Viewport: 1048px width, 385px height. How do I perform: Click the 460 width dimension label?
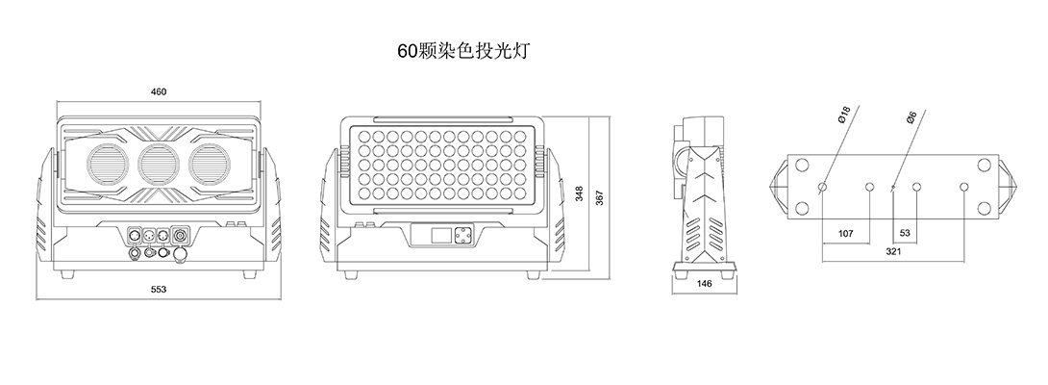159,92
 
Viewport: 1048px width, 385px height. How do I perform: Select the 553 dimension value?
159,290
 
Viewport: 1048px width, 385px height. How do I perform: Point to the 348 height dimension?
580,194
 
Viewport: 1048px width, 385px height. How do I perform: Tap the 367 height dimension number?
599,197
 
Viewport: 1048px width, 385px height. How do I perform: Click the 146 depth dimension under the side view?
704,284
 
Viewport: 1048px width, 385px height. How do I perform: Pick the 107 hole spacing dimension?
846,234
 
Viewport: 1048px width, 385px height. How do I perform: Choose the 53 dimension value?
905,234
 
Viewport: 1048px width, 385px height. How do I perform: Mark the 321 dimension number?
893,252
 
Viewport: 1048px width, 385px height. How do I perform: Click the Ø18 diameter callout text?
842,117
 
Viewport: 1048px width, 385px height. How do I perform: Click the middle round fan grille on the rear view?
160,164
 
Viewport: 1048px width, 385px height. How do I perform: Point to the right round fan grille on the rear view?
211,164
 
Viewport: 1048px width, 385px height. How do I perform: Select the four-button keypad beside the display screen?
462,235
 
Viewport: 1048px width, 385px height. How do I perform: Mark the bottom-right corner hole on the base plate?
984,207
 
